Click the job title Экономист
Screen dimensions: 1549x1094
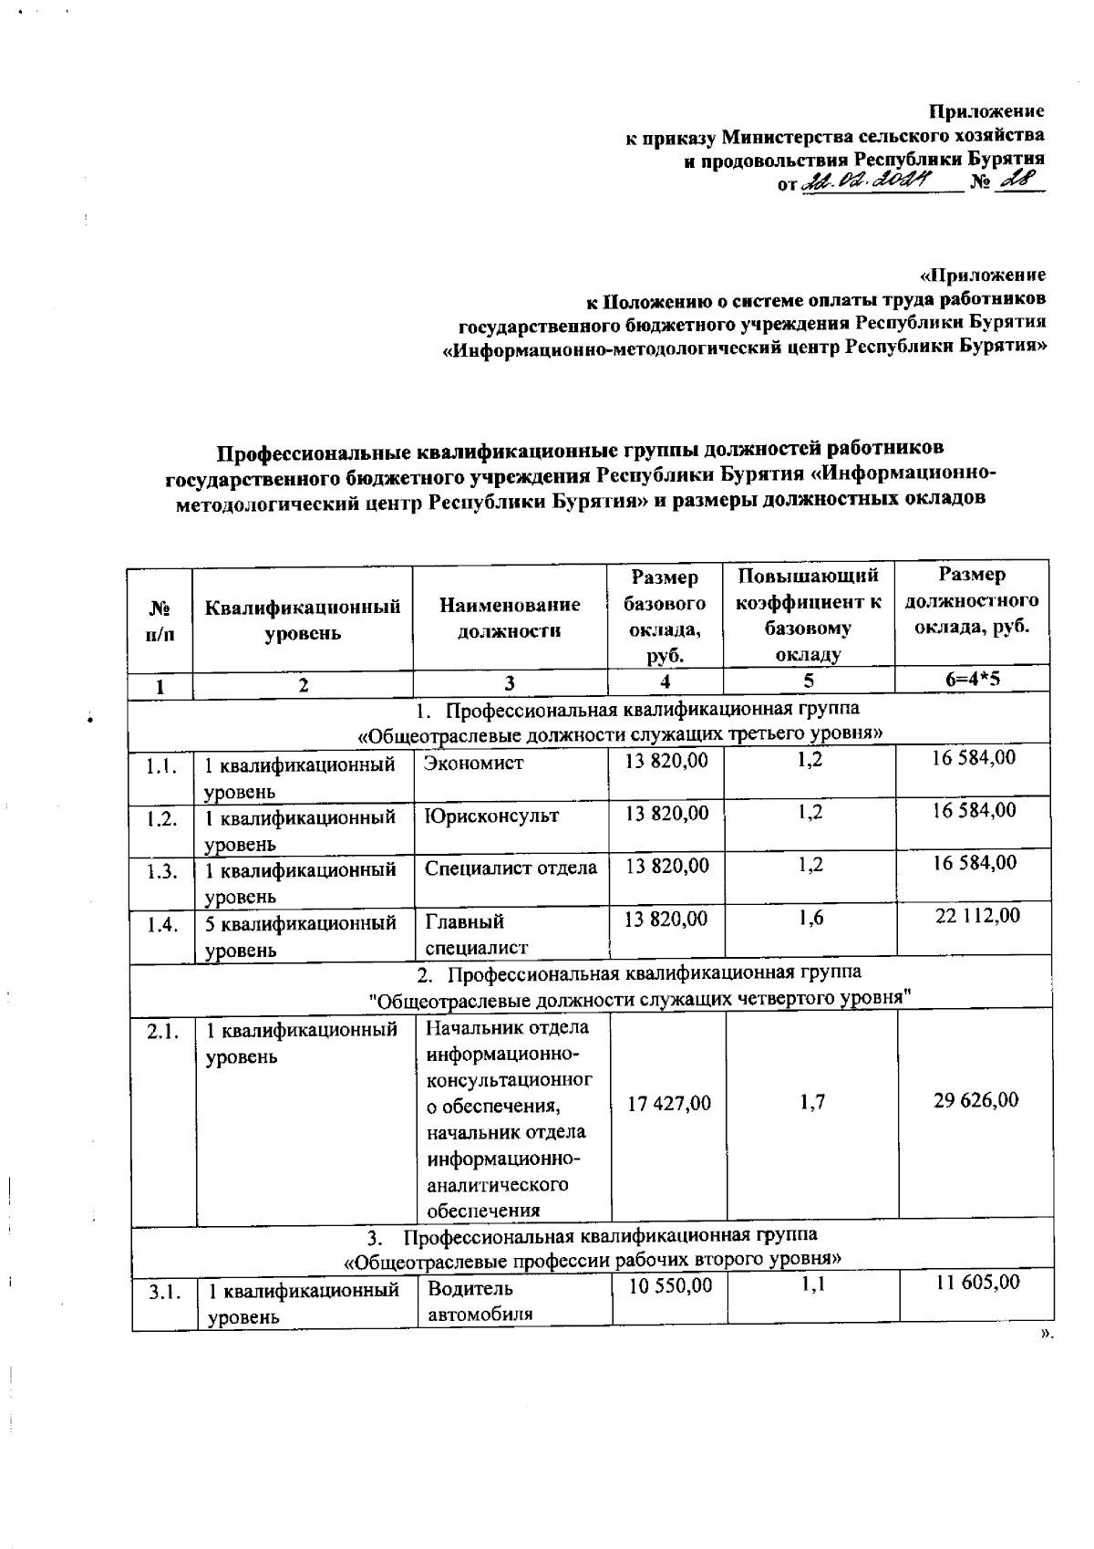(473, 763)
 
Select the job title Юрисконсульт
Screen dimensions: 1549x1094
(491, 816)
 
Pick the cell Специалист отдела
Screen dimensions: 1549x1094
(511, 868)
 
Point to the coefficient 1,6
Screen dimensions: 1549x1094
(810, 919)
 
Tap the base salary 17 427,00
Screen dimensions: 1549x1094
(668, 1104)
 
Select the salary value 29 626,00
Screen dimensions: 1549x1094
(975, 1100)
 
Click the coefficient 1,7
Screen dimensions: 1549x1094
(811, 1103)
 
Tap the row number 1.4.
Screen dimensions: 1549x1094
(161, 927)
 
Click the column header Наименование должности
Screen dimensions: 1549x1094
(509, 618)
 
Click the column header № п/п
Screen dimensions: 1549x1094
(160, 619)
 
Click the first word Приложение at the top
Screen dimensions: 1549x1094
(986, 111)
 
